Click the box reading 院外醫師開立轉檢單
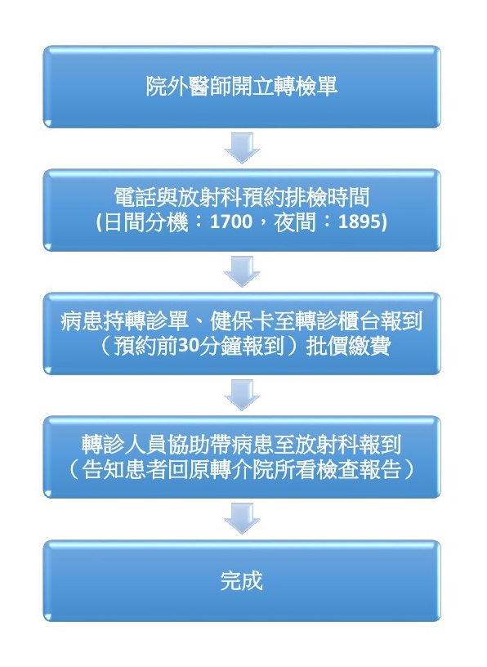coord(242,87)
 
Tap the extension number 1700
coord(231,222)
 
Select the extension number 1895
coord(360,222)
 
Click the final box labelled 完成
coord(242,580)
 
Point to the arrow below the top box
coord(242,148)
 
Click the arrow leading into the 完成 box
coord(242,518)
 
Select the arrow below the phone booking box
coord(242,271)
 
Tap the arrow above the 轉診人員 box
coord(242,395)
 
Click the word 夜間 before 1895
coord(295,222)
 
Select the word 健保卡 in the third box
coord(242,321)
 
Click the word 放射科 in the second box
coord(210,197)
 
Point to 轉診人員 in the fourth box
coord(124,445)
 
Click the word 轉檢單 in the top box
coord(306,86)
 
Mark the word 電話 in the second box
coord(136,197)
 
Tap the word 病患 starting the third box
coord(82,321)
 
